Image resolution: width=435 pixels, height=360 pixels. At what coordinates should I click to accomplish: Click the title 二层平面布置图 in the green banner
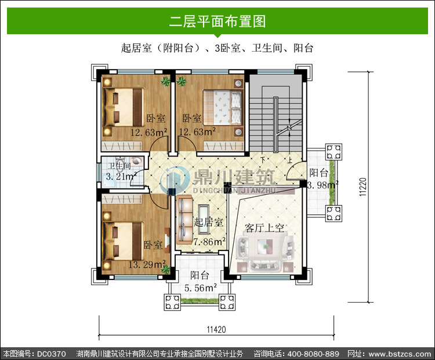[x=217, y=21]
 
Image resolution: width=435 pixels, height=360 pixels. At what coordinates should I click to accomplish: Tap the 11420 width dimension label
[x=216, y=329]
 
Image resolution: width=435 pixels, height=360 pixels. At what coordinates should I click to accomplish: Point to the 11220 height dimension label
[x=363, y=187]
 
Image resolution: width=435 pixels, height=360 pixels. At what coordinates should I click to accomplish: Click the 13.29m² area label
[x=147, y=264]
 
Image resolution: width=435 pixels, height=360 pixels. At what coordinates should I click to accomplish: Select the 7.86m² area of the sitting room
[x=209, y=242]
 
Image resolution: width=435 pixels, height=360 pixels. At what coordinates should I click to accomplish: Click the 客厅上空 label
[x=264, y=228]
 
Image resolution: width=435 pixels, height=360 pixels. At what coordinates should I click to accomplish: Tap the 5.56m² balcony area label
[x=201, y=288]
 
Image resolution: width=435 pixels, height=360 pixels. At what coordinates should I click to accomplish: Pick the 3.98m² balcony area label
[x=322, y=185]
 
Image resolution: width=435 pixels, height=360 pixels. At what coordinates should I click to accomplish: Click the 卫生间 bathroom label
[x=119, y=166]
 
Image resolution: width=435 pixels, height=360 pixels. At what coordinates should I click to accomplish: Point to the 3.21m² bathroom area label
[x=122, y=176]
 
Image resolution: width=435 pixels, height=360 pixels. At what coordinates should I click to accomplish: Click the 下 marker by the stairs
[x=263, y=160]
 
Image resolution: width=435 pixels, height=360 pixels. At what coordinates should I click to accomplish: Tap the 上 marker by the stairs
[x=290, y=160]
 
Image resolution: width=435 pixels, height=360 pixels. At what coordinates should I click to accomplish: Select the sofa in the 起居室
[x=184, y=220]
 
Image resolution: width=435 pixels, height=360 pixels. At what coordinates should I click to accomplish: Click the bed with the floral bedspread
[x=223, y=107]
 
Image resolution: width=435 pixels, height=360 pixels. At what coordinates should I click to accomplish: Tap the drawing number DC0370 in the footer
[x=51, y=354]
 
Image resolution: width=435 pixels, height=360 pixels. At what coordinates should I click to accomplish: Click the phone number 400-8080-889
[x=313, y=354]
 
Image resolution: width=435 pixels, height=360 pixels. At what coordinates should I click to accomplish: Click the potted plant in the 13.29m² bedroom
[x=166, y=269]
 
